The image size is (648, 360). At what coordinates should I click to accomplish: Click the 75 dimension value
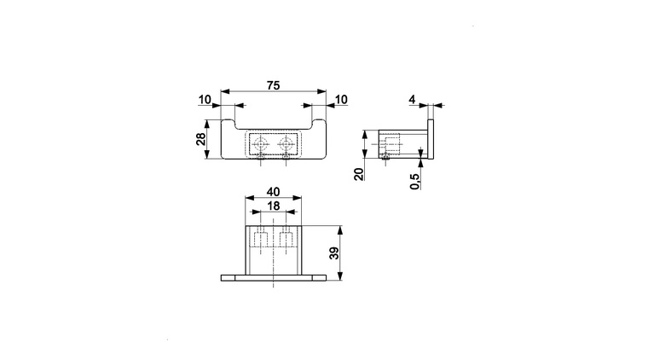point(273,85)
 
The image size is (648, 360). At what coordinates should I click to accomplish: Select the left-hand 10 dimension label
point(205,100)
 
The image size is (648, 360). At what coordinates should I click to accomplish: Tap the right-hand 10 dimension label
point(341,100)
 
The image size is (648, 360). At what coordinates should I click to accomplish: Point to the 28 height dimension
point(201,139)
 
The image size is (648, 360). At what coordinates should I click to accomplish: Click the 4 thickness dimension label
point(412,100)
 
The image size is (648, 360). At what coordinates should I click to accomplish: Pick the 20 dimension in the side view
point(360,174)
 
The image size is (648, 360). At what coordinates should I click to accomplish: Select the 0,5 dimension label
point(415,181)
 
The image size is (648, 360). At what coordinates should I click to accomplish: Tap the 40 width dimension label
point(273,192)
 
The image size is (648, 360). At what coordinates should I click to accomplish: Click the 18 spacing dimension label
point(273,206)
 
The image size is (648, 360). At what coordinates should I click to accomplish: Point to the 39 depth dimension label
point(334,253)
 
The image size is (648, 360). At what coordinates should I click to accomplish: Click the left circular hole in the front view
point(261,145)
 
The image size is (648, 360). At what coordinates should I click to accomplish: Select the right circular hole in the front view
point(286,145)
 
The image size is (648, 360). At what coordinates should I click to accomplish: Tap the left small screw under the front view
point(261,156)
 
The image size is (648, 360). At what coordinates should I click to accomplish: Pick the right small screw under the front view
point(286,156)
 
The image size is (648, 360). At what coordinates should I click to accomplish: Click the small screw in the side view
point(386,157)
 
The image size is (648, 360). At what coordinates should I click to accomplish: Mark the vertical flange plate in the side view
point(431,139)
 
